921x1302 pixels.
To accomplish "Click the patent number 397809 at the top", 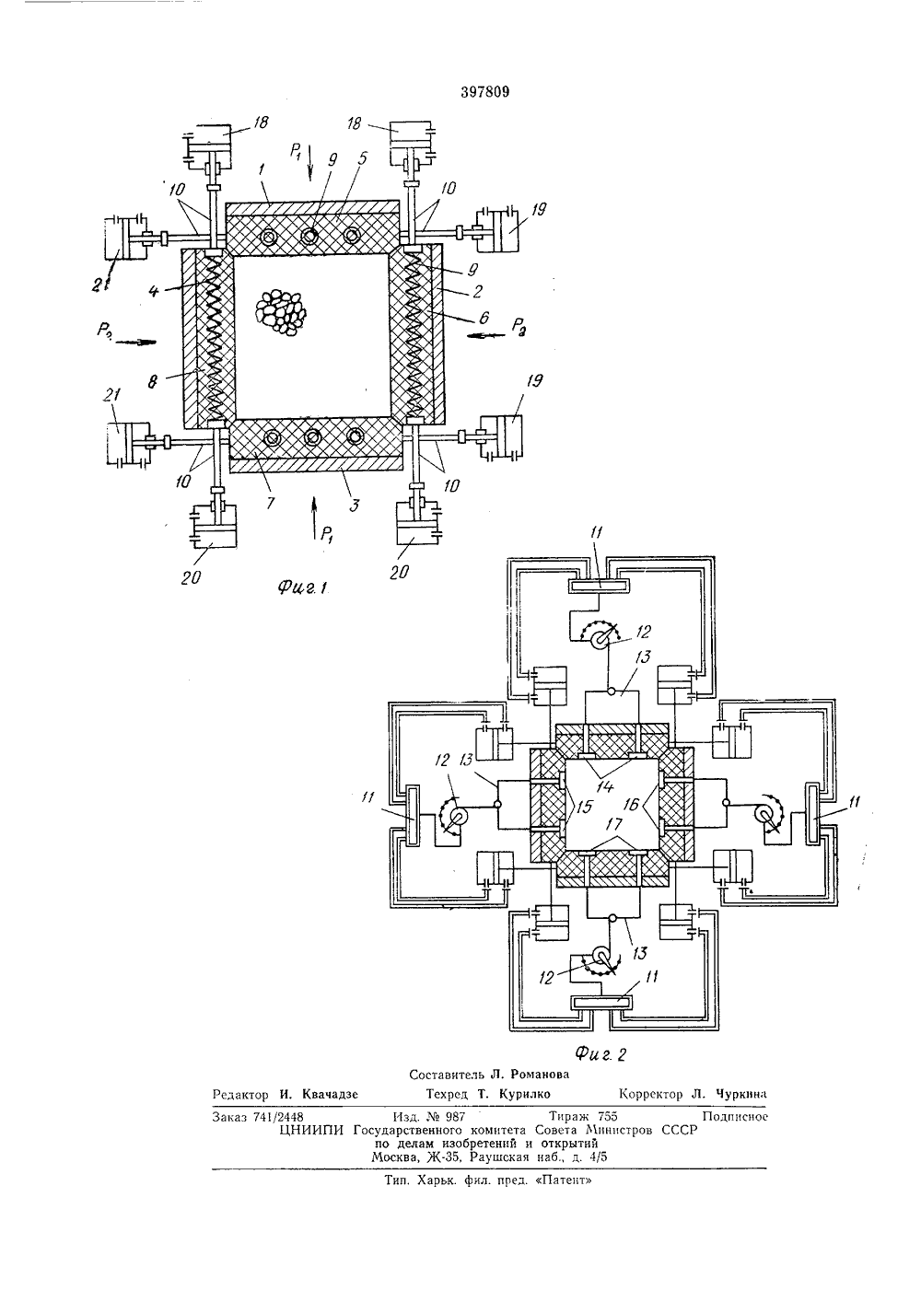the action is pyautogui.click(x=485, y=92).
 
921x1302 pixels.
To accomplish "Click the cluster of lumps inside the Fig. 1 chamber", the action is pyautogui.click(x=281, y=312).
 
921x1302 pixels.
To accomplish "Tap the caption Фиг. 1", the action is pyautogui.click(x=302, y=587).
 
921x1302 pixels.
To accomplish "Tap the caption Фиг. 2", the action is pyautogui.click(x=600, y=1053).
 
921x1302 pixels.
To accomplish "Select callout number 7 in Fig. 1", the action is pyautogui.click(x=270, y=502).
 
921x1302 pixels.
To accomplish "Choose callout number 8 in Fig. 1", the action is pyautogui.click(x=152, y=381).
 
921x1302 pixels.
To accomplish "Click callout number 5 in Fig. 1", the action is pyautogui.click(x=362, y=159).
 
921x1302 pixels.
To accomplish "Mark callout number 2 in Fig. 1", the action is pyautogui.click(x=477, y=290).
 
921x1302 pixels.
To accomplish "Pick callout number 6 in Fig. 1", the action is pyautogui.click(x=484, y=317).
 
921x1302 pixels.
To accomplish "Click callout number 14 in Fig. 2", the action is pyautogui.click(x=605, y=785).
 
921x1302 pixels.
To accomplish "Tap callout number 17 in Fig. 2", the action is pyautogui.click(x=614, y=824).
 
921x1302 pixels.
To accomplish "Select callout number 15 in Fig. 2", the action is pyautogui.click(x=583, y=806).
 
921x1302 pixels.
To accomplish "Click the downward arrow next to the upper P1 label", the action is pyautogui.click(x=309, y=164).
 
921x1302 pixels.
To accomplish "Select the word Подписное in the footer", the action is pyautogui.click(x=735, y=1116).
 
